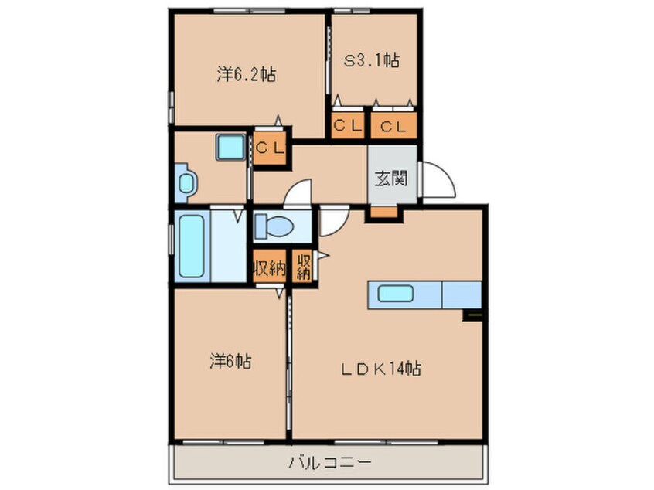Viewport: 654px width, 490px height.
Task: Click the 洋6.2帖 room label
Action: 247,75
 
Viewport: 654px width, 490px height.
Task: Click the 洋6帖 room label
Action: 230,361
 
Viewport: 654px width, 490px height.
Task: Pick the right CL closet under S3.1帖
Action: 393,127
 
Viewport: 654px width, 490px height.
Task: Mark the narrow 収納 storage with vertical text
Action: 303,267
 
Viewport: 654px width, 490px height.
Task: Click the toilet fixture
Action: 274,226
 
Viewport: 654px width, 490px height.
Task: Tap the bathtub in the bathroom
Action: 191,246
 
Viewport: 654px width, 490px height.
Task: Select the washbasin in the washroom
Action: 186,182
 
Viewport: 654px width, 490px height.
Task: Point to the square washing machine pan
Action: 230,147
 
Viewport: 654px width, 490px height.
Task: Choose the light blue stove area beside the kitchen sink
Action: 461,294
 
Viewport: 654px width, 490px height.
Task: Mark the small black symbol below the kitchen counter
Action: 473,315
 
